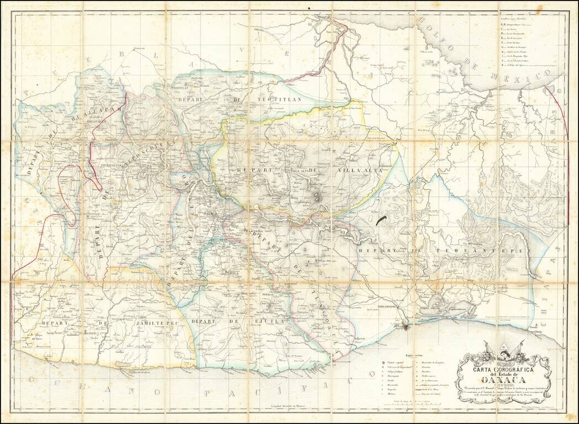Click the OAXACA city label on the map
coord(212,212)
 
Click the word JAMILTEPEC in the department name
coord(141,322)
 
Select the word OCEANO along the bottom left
coord(55,380)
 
